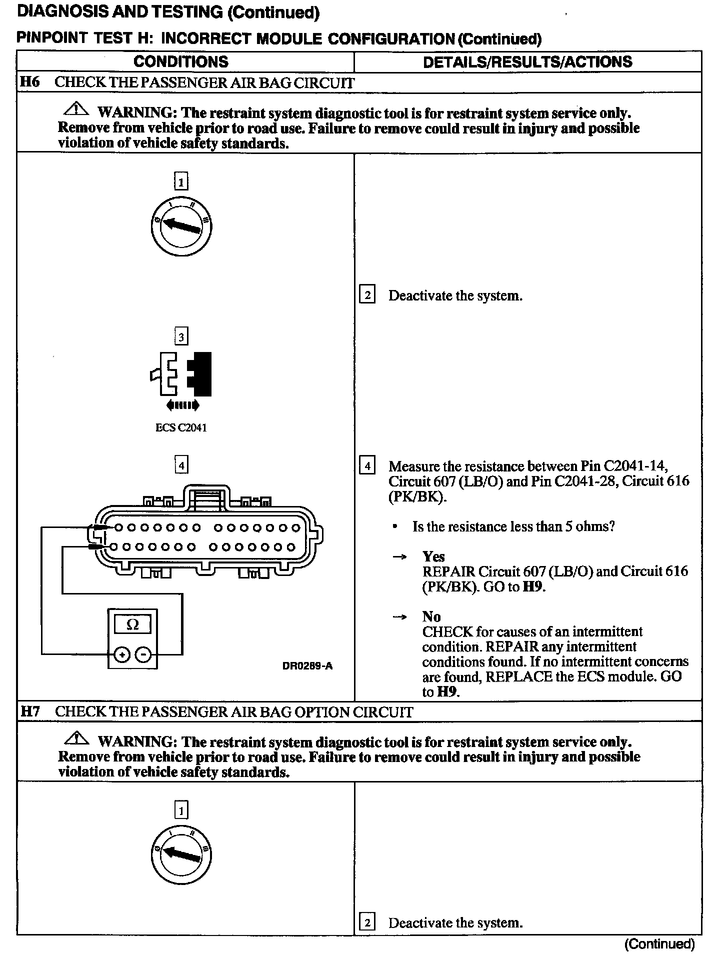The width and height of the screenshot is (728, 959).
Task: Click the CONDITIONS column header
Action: pos(181,62)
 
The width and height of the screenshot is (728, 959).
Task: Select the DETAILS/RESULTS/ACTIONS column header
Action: pos(527,62)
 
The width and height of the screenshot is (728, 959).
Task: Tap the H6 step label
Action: pos(29,82)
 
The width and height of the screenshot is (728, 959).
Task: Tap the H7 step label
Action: pos(30,711)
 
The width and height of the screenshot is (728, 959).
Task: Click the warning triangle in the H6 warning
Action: pos(76,109)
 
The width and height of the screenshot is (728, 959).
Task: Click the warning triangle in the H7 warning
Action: pos(76,738)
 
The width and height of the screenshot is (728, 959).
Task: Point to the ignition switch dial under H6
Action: pos(181,226)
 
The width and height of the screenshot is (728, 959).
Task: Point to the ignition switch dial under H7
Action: pos(181,855)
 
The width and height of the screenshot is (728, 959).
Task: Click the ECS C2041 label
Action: pos(181,428)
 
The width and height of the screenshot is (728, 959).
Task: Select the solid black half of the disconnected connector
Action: pos(201,374)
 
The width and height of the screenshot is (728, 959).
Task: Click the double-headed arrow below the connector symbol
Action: pos(182,405)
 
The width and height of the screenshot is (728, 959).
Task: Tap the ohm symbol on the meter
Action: pos(132,624)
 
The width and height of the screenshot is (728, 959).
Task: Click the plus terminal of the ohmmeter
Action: pos(121,653)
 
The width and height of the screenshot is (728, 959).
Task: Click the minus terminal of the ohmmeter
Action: pos(143,653)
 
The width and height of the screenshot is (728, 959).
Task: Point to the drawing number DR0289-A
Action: pos(307,665)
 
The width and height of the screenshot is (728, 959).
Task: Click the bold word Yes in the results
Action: pos(433,556)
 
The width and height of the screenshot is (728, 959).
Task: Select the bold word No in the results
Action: pos(431,616)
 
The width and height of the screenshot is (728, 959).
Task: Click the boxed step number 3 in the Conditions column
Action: pos(181,337)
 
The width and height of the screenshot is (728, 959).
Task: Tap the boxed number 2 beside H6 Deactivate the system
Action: pos(367,295)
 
